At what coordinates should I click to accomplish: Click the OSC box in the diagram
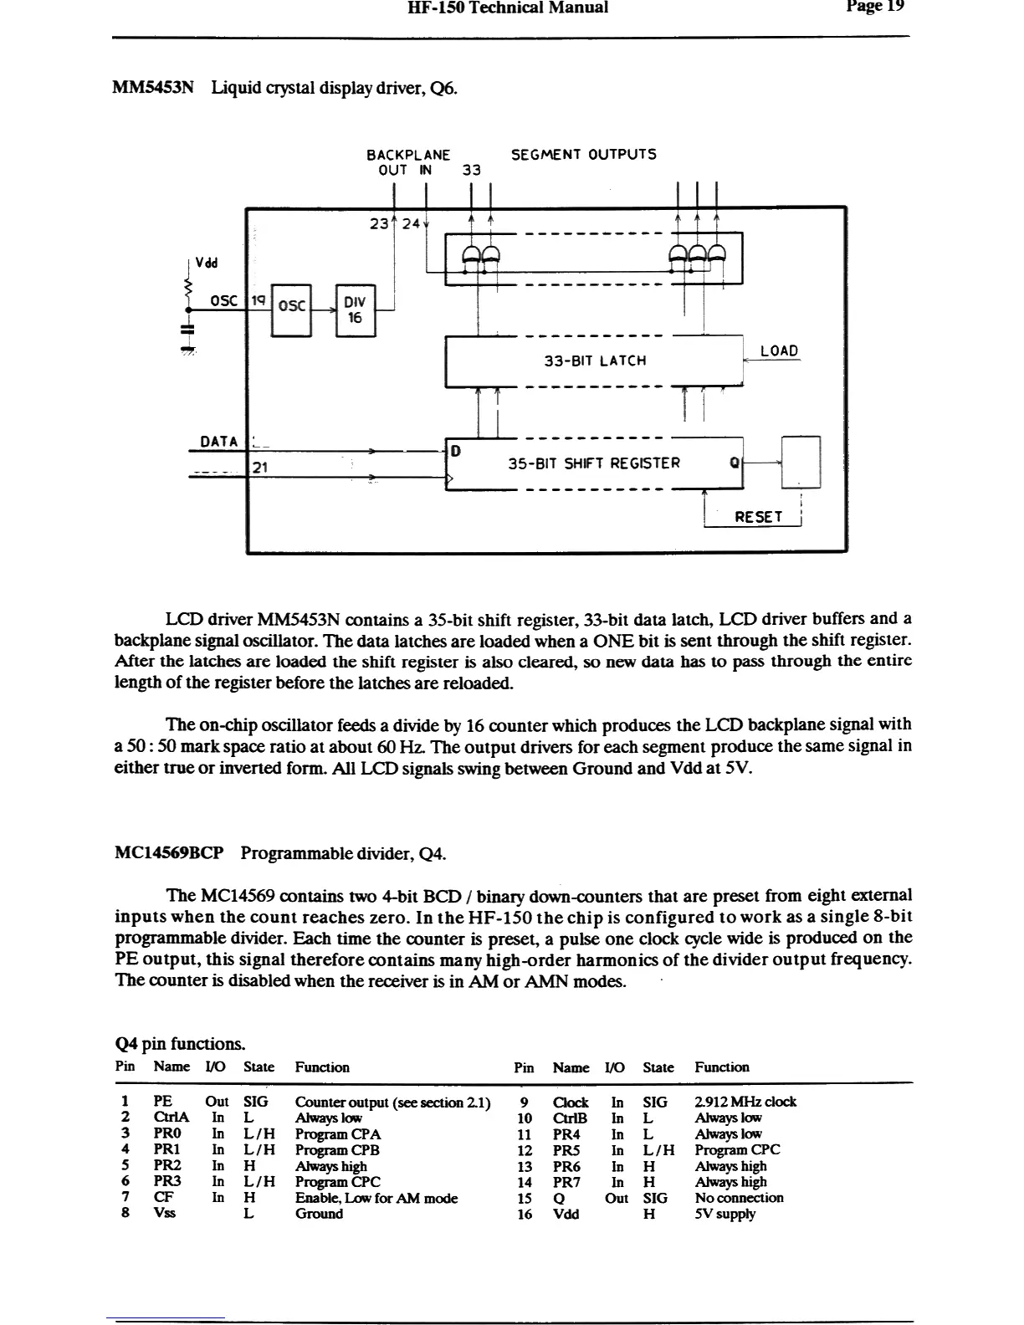tap(291, 306)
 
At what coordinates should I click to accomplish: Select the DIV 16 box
tap(356, 310)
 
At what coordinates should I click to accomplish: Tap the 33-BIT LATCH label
tap(595, 361)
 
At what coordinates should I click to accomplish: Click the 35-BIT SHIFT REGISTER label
tap(594, 463)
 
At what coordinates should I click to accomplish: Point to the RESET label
tap(758, 518)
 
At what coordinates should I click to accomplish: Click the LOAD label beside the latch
tap(779, 351)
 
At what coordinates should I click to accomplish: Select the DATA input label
tap(219, 442)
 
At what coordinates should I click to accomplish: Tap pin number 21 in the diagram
tap(259, 468)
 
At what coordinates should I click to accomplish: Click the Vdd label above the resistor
tap(206, 262)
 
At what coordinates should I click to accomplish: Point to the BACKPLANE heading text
tap(408, 155)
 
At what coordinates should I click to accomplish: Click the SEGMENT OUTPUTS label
tap(583, 155)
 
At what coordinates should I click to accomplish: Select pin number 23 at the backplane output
tap(379, 223)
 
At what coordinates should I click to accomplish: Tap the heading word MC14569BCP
tap(169, 854)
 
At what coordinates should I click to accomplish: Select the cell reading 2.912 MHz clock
tap(745, 1102)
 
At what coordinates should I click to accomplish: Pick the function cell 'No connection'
tap(739, 1198)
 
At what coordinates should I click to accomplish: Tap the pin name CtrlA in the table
tap(172, 1118)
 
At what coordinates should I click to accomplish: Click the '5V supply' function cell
tap(724, 1214)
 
